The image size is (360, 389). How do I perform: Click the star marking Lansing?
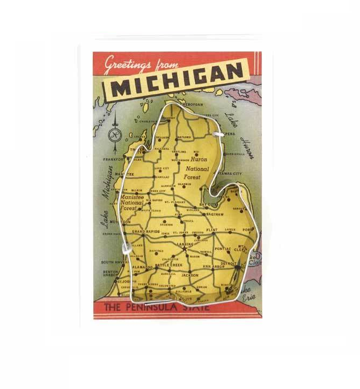pos(184,248)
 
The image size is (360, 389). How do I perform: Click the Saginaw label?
pos(213,214)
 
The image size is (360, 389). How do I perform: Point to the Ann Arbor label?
pos(213,267)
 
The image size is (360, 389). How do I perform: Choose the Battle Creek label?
pos(169,265)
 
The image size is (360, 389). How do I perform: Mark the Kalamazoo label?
pos(142,267)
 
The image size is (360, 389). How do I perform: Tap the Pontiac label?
pos(222,249)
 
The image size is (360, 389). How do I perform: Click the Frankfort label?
pos(114,159)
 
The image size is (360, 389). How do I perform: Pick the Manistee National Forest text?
pos(132,203)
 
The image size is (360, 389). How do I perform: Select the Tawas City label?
pos(230,174)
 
